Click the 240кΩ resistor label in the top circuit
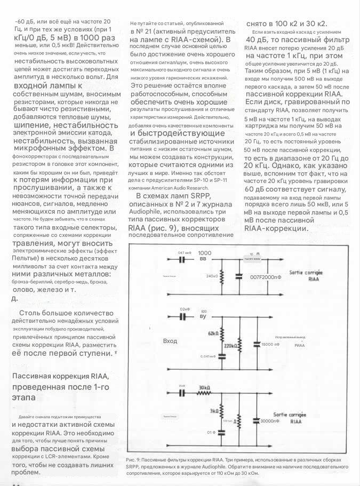click(x=212, y=276)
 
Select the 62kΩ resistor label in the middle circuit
click(x=213, y=333)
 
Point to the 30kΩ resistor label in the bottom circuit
click(x=205, y=387)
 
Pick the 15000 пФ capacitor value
click(x=269, y=345)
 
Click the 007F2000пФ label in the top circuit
click(x=265, y=277)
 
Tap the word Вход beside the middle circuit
click(x=170, y=340)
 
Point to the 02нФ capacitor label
click(x=186, y=309)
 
